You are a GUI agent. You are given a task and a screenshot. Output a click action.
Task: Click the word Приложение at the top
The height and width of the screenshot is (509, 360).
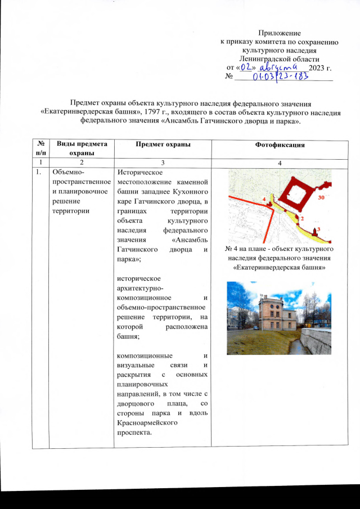(x=279, y=34)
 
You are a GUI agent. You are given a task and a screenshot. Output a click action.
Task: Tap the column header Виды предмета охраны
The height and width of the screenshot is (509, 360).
(x=81, y=148)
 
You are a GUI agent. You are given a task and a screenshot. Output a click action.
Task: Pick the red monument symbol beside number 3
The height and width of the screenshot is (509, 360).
(x=314, y=231)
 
